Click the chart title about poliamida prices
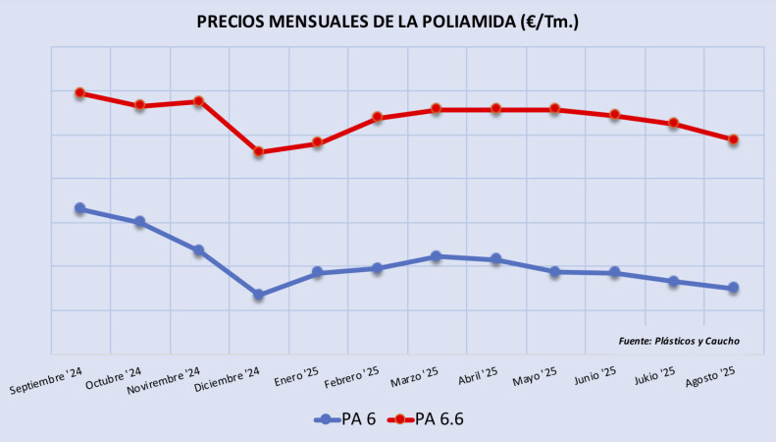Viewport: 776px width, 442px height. point(388,21)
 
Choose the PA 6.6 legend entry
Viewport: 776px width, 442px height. point(428,418)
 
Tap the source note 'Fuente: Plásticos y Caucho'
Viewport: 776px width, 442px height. point(679,341)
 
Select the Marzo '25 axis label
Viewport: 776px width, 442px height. point(412,378)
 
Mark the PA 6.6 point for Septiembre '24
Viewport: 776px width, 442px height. point(79,93)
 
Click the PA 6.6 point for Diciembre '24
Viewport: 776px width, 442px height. point(258,152)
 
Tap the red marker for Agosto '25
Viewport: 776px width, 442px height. point(733,139)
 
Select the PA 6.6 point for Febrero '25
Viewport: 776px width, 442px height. point(377,118)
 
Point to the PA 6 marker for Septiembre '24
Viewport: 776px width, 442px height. point(79,208)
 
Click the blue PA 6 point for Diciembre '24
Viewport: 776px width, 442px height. point(258,295)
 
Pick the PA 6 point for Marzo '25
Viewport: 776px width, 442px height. point(437,256)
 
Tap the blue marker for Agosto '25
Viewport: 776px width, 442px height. point(733,288)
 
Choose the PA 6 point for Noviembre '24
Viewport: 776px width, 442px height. point(198,250)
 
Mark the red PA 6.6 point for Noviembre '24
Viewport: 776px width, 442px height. point(198,101)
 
